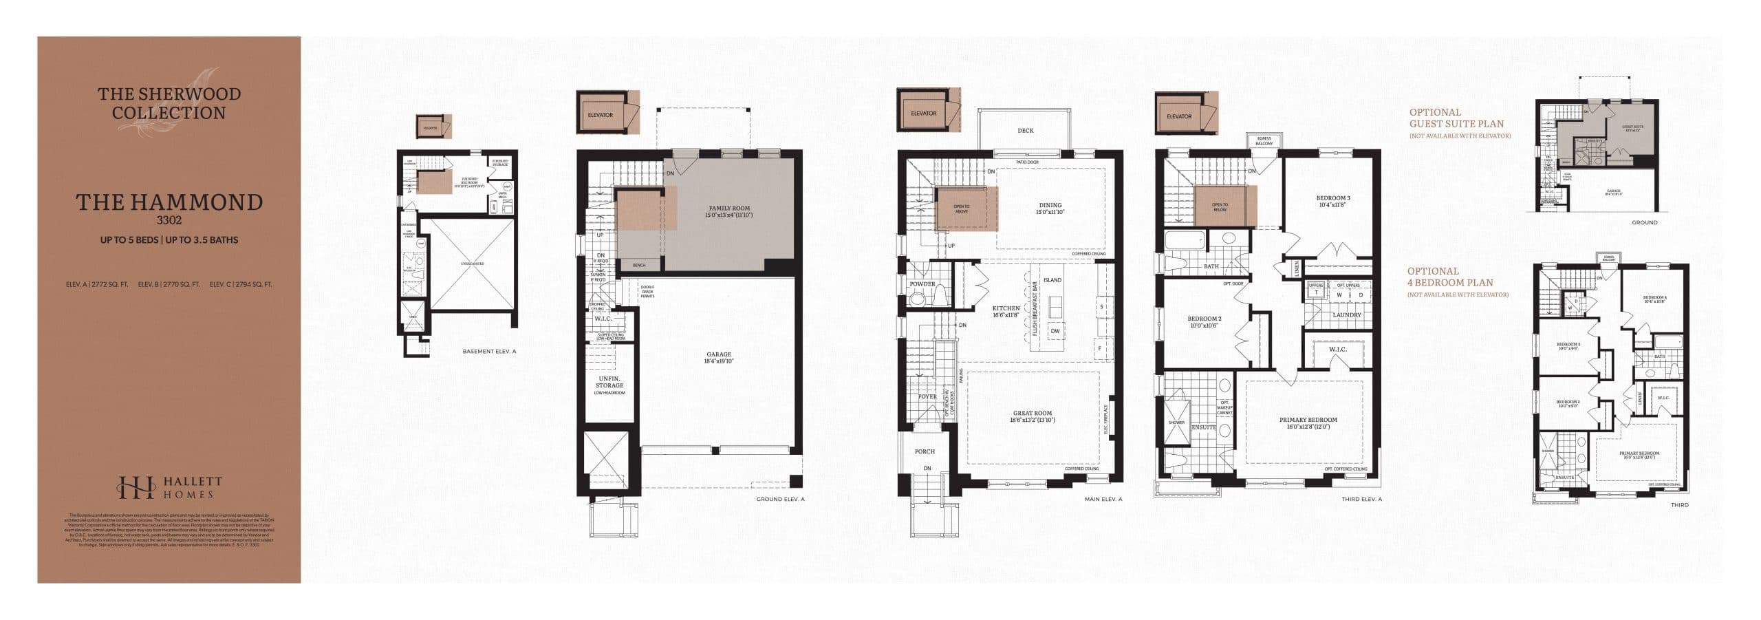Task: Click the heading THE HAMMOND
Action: click(169, 202)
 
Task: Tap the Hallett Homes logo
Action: click(169, 487)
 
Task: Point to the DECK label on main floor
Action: click(1025, 130)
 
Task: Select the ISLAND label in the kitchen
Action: click(1052, 280)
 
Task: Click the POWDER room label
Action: click(922, 284)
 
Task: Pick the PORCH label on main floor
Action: click(925, 451)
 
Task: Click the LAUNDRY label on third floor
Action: click(1346, 314)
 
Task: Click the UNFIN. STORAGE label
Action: click(609, 383)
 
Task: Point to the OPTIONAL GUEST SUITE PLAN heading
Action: click(1456, 118)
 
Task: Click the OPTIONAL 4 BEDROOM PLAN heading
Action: click(1449, 277)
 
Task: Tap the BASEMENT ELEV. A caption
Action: click(489, 351)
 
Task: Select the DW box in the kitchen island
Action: click(1055, 331)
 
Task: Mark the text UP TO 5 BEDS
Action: click(129, 240)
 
